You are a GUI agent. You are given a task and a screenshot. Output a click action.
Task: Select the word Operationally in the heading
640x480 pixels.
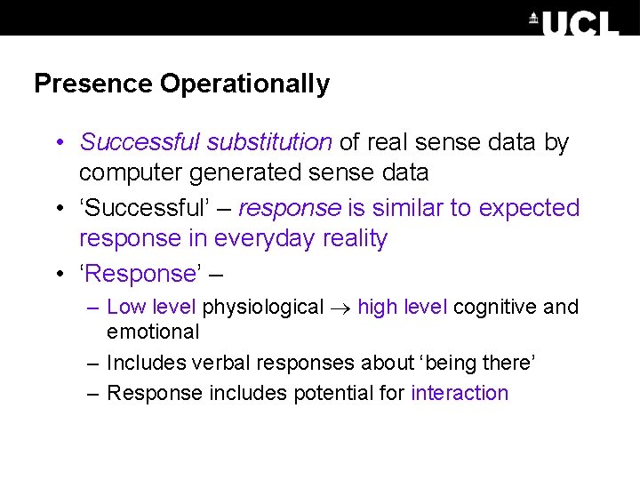pyautogui.click(x=245, y=84)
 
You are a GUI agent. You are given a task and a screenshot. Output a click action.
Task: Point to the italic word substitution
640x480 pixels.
pyautogui.click(x=269, y=142)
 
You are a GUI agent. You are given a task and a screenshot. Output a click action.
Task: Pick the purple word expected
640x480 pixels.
pyautogui.click(x=529, y=208)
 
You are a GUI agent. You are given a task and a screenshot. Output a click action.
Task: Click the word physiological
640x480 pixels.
pyautogui.click(x=263, y=308)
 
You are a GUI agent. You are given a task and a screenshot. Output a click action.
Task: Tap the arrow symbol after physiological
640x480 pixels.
pyautogui.click(x=341, y=308)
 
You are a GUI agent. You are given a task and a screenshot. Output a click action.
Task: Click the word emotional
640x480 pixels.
pyautogui.click(x=153, y=332)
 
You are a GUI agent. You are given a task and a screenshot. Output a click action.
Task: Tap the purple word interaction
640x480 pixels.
pyautogui.click(x=460, y=393)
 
